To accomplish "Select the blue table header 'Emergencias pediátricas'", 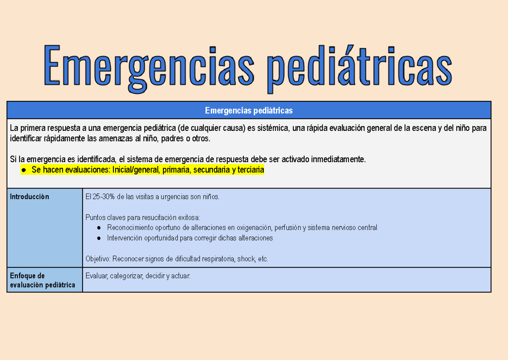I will click(249, 111).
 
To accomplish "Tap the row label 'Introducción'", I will click(29, 197).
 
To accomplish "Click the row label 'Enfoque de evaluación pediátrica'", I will click(42, 280).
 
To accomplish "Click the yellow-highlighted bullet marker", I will click(24, 170).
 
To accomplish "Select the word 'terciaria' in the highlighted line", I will click(250, 170).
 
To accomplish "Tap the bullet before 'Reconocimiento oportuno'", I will click(99, 228).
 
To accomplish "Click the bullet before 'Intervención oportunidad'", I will click(99, 238).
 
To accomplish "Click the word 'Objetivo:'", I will click(98, 259).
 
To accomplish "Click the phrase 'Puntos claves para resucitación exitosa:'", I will click(143, 218).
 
